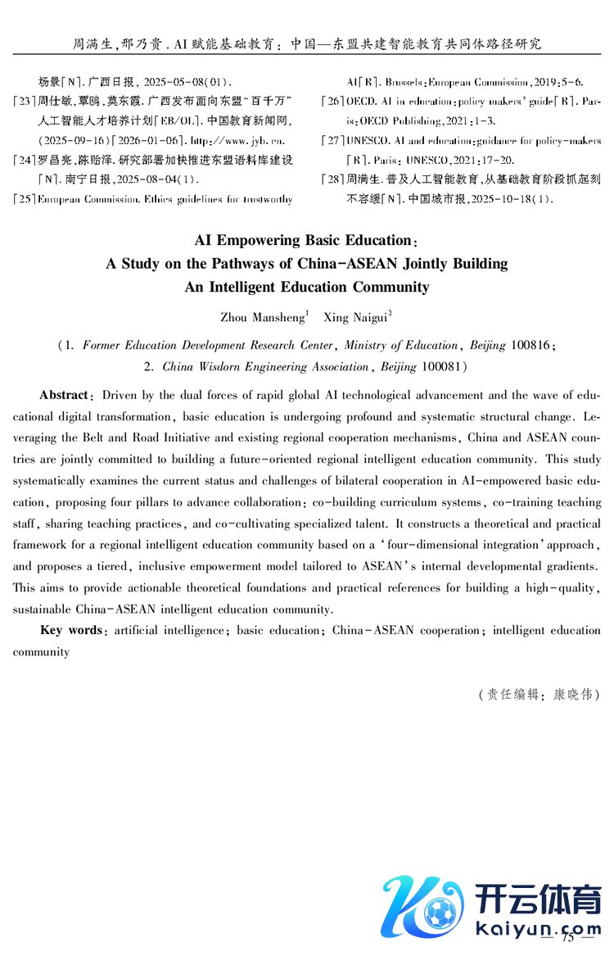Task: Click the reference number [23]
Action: (x=25, y=102)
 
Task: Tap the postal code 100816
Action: (x=531, y=346)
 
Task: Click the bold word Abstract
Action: (x=66, y=396)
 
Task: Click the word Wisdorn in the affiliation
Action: (x=223, y=367)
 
